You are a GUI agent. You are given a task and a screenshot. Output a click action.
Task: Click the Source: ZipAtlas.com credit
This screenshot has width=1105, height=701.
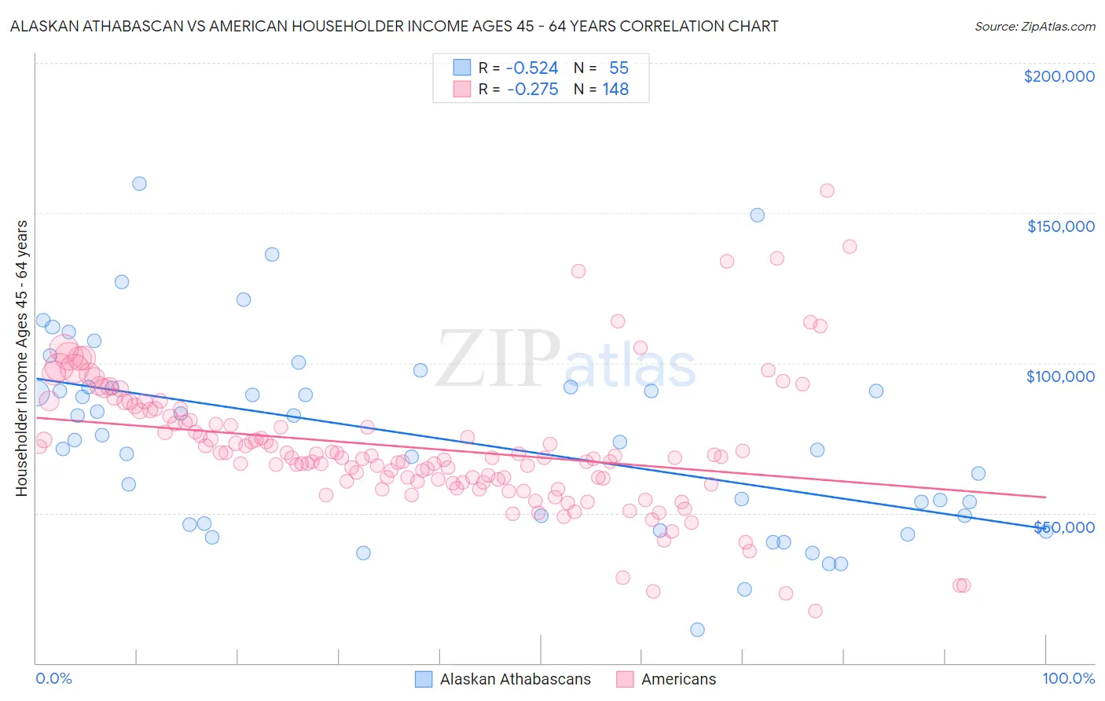[x=1034, y=27]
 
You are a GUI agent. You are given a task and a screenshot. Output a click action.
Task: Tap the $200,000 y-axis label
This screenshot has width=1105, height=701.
[x=1059, y=76]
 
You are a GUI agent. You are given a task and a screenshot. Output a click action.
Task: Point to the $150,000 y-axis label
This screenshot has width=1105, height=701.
[x=1060, y=226]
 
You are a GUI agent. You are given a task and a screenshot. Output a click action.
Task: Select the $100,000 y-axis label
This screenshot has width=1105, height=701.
[x=1060, y=376]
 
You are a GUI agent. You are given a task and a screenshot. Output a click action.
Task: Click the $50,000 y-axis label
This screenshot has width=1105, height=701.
[x=1064, y=527]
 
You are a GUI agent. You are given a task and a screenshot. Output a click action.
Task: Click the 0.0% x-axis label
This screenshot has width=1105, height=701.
[x=53, y=678]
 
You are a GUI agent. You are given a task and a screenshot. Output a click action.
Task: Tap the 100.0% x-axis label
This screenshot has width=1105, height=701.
[x=1068, y=678]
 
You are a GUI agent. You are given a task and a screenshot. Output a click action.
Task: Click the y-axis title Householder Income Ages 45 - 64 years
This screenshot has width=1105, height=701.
[x=22, y=358]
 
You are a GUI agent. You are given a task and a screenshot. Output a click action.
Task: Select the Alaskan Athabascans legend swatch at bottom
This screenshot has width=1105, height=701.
[x=424, y=679]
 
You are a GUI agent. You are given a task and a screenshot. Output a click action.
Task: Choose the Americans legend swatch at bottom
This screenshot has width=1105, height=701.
[x=625, y=679]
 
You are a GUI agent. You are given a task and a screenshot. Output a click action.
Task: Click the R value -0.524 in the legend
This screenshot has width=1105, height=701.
[x=532, y=68]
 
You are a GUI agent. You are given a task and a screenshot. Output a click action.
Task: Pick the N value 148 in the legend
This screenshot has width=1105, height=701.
[x=615, y=90]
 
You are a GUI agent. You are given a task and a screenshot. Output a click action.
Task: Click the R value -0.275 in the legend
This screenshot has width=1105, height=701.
[x=532, y=90]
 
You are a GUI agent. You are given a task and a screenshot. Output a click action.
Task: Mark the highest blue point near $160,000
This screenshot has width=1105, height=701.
[x=139, y=184]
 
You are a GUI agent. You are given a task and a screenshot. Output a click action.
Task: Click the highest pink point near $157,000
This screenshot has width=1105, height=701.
[x=827, y=190]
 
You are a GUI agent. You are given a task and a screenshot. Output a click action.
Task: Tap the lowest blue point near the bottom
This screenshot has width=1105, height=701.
[x=697, y=629]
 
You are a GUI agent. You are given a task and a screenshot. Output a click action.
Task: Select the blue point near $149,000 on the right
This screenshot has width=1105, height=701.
[x=757, y=215]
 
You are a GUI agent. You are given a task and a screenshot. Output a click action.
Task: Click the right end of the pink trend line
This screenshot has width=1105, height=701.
[x=1045, y=497]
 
